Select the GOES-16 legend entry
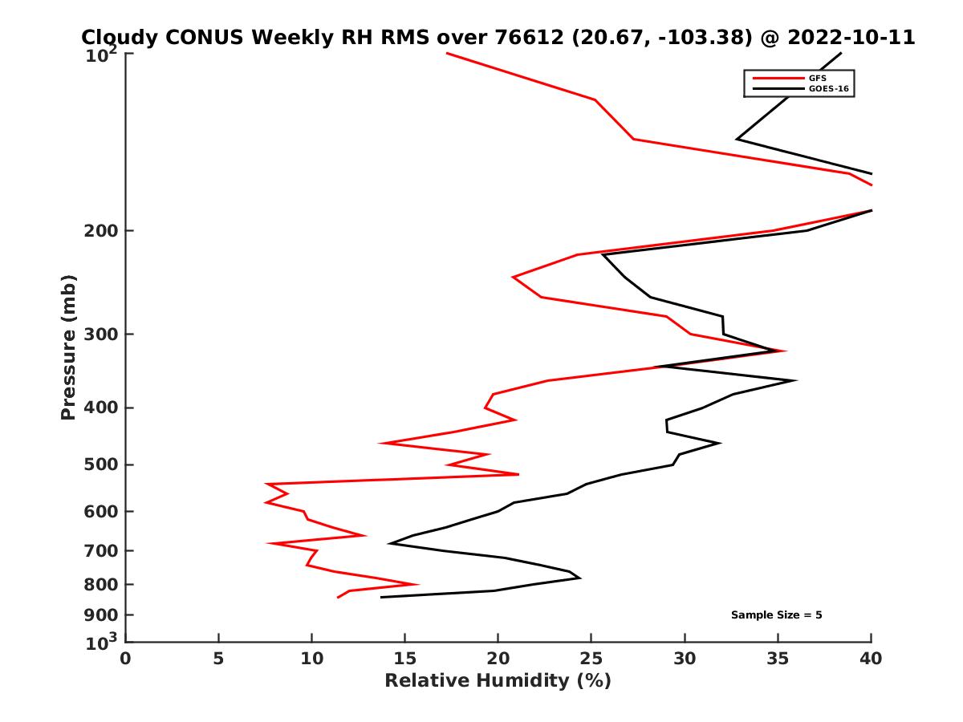coord(827,89)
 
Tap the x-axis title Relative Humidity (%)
coord(498,681)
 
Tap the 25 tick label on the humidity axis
coord(591,659)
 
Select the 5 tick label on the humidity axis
coord(218,659)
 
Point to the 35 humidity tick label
coord(778,659)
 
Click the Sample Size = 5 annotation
coord(776,615)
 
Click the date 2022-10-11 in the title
coord(852,38)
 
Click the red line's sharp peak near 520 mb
coord(518,474)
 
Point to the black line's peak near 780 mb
coord(579,578)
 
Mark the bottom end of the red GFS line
coord(338,598)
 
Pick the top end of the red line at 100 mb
coord(446,53)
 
